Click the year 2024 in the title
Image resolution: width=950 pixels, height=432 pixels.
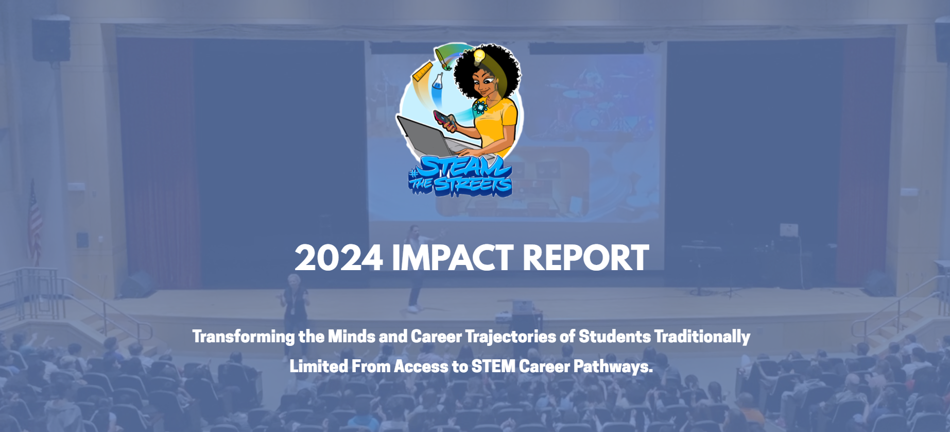(x=339, y=257)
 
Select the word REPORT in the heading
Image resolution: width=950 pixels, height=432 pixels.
(x=585, y=257)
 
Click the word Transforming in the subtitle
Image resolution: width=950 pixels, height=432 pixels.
(x=244, y=337)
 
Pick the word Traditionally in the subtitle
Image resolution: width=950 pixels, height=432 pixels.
(x=702, y=337)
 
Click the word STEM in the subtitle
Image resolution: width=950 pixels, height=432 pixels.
(x=493, y=366)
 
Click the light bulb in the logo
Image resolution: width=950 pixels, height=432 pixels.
(x=479, y=55)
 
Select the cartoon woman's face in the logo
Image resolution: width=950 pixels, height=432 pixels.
(x=483, y=82)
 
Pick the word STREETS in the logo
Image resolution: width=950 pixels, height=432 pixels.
(x=473, y=186)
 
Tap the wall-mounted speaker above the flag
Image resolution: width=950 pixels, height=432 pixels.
(x=51, y=39)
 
